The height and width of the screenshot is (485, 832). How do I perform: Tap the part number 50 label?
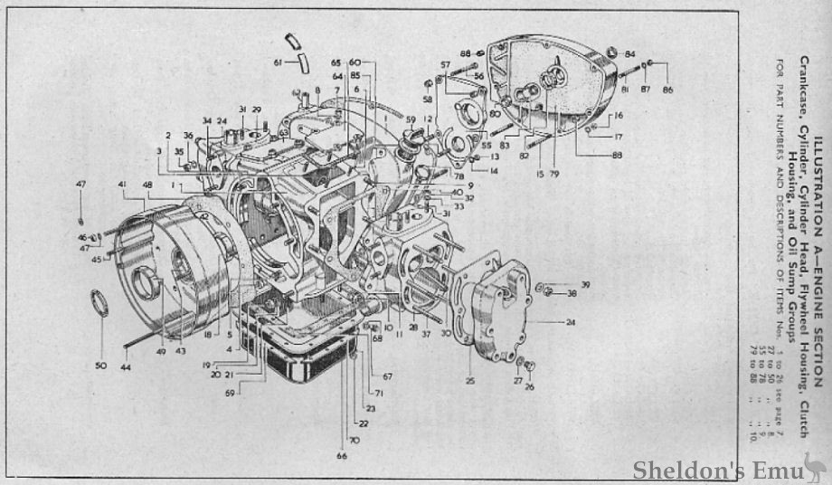[x=100, y=366]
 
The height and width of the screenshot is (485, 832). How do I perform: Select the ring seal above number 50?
[x=99, y=304]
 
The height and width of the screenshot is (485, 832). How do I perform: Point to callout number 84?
[x=629, y=53]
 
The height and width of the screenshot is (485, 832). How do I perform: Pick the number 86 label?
[x=667, y=90]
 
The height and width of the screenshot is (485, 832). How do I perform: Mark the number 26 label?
[x=530, y=387]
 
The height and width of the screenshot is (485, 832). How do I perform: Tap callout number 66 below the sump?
[x=342, y=456]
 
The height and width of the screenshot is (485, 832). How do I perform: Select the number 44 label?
[x=126, y=368]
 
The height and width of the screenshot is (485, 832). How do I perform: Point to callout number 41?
[x=120, y=185]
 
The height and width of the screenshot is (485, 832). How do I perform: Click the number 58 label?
[x=427, y=99]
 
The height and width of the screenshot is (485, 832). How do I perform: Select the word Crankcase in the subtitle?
[x=803, y=80]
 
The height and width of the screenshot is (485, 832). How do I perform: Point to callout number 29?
[x=256, y=109]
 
